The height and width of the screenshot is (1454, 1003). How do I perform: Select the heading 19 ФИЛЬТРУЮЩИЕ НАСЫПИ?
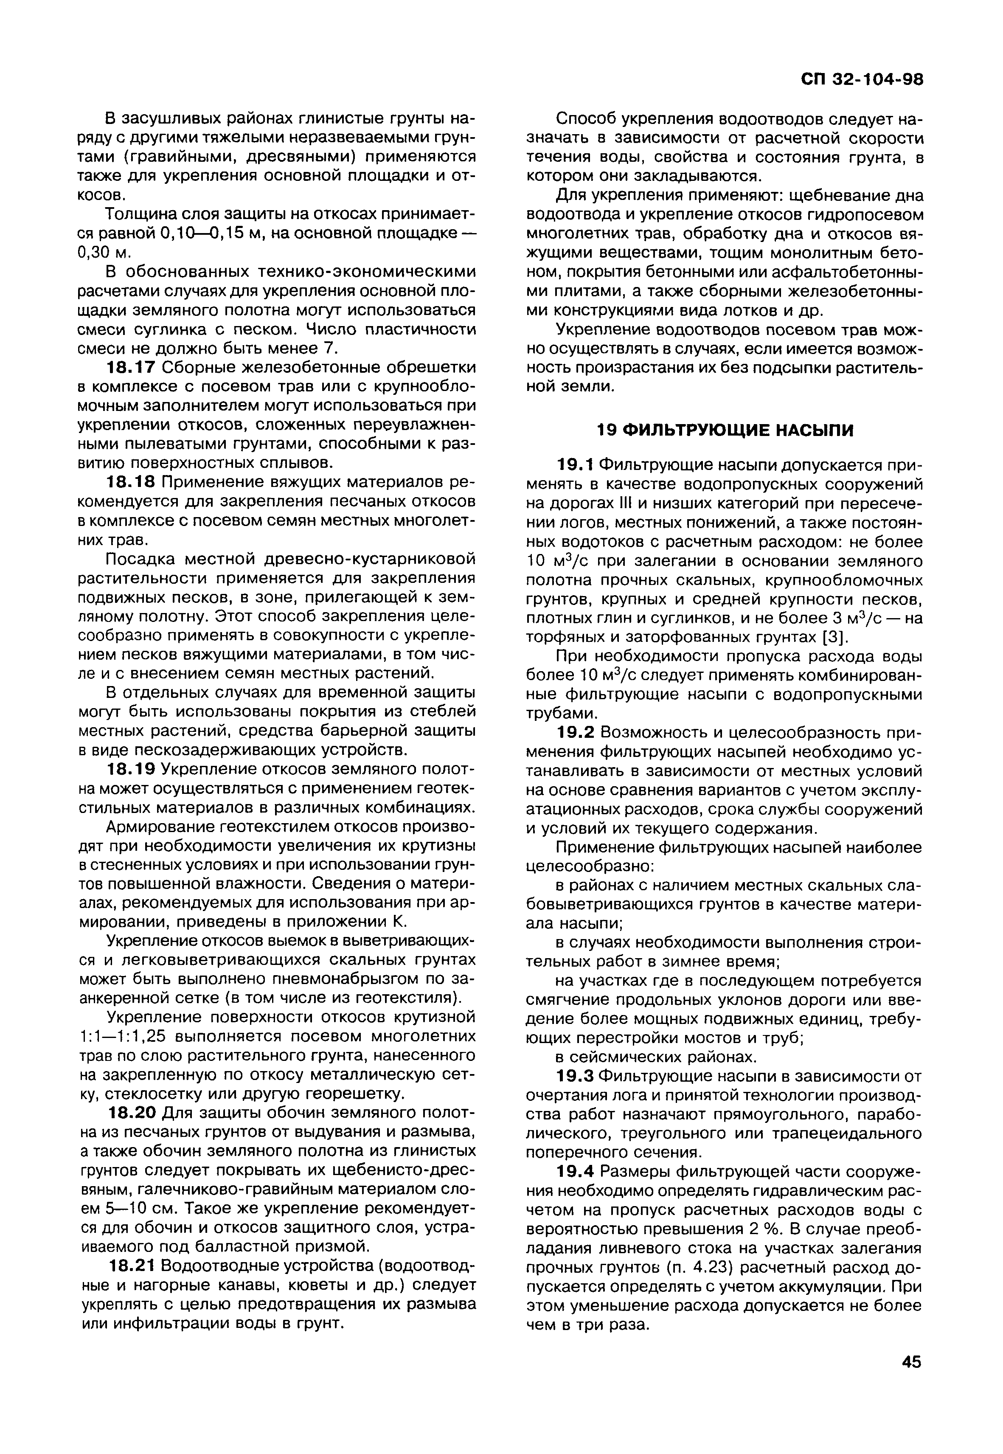725,430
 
